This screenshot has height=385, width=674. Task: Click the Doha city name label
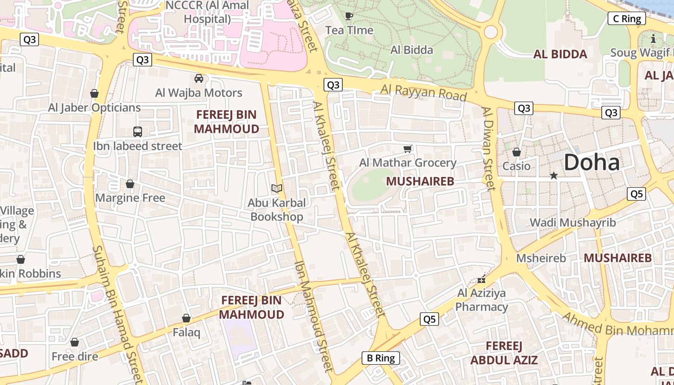point(592,162)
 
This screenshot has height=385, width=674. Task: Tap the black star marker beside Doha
point(554,176)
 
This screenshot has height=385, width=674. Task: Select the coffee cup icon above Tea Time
point(349,16)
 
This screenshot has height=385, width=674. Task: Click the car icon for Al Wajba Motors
point(198,78)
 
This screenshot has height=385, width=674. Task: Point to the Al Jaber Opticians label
point(94,107)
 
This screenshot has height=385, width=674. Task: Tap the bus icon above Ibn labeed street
point(138,131)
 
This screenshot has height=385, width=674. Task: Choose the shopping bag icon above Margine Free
point(130,184)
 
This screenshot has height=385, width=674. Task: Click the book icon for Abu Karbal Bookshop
point(276,188)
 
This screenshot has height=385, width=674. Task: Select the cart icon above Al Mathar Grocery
point(408,149)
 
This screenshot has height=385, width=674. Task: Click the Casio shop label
point(516,166)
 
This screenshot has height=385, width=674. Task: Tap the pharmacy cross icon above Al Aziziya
point(481,279)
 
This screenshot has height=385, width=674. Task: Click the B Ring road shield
point(381,358)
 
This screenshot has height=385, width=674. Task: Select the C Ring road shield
point(626,19)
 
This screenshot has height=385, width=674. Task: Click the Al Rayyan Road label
point(424,92)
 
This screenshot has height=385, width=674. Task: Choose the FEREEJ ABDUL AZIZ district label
point(504,353)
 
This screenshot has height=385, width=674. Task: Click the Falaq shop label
point(186,332)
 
